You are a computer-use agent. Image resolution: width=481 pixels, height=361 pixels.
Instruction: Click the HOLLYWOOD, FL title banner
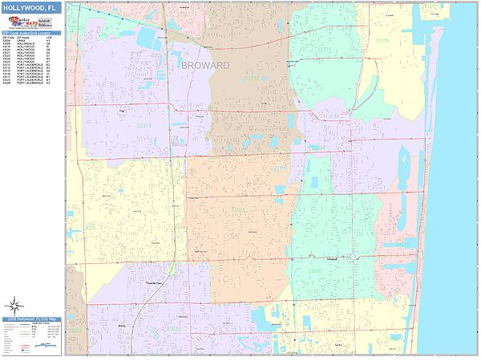[31, 7]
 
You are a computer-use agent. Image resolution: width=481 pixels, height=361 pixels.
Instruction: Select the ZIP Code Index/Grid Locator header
[31, 33]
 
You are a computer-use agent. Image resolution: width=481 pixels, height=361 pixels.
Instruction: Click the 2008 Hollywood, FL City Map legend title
[31, 319]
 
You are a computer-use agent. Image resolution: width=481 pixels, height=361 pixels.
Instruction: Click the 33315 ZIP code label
[383, 40]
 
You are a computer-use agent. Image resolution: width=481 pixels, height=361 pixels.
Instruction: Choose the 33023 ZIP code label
[172, 328]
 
